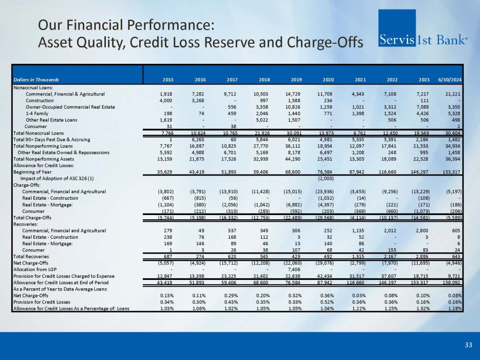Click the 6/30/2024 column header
(x=449, y=80)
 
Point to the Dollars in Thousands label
(x=36, y=80)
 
